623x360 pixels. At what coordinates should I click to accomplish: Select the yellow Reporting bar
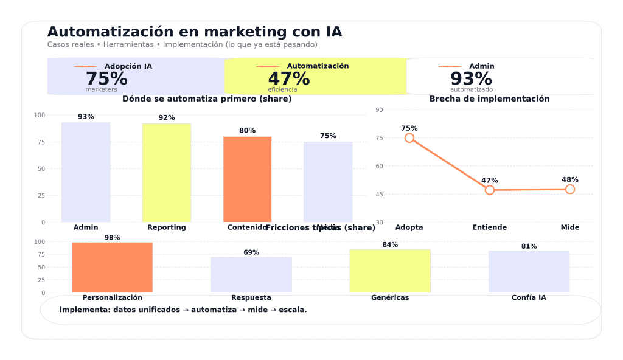[166, 173]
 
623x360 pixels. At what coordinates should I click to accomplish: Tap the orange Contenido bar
[247, 179]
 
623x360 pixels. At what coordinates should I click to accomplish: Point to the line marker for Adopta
[409, 138]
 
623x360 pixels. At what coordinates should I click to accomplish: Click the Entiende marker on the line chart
[490, 190]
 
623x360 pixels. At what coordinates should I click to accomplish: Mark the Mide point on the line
[570, 189]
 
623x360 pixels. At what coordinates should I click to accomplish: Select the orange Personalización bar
[112, 268]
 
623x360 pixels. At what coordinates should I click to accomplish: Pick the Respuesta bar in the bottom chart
[251, 275]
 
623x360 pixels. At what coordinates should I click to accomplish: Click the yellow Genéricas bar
[390, 271]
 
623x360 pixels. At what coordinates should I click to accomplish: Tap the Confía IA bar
[529, 272]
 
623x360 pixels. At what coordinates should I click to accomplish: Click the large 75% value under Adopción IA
[106, 79]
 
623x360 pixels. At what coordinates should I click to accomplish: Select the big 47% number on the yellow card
[289, 79]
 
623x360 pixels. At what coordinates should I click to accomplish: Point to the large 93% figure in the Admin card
[472, 79]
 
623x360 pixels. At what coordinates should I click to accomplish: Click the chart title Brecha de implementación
[490, 99]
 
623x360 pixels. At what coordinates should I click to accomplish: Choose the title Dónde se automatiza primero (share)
[207, 99]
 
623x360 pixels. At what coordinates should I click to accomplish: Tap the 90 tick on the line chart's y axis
[379, 110]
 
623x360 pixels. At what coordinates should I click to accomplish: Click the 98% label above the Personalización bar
[112, 238]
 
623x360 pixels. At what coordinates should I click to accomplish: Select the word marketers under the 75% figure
[101, 90]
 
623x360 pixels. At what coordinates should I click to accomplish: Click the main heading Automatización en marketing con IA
[195, 32]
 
